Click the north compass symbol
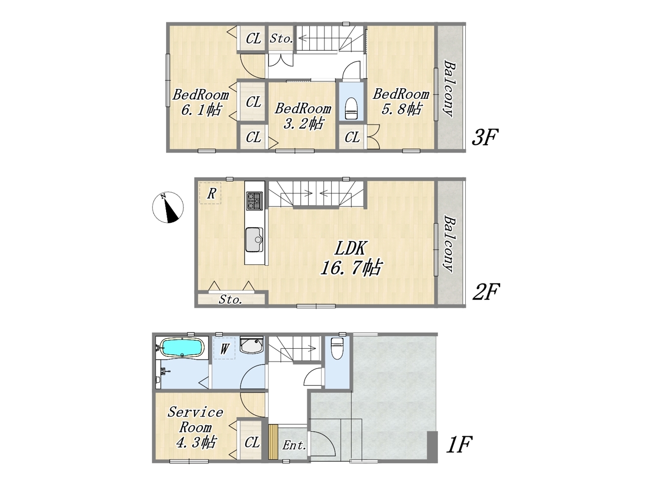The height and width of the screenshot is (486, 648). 168,208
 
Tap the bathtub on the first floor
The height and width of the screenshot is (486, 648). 182,348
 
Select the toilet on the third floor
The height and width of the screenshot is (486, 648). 351,108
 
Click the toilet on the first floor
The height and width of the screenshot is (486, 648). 337,348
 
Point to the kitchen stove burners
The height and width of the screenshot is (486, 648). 255,200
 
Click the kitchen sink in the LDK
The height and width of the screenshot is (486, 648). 254,240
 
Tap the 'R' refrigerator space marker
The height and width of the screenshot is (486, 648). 211,193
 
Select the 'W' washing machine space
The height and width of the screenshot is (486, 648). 224,348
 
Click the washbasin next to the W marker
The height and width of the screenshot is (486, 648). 252,345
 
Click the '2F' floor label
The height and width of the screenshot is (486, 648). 486,292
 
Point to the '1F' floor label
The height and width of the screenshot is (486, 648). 459,444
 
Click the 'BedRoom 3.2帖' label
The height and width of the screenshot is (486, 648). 303,116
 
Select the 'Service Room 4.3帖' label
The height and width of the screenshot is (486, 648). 195,428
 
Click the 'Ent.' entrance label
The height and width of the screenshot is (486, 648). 294,445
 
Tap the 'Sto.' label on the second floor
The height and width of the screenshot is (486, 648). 230,300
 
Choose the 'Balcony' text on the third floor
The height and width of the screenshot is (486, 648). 449,89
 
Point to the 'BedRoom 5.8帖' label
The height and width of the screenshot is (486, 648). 400,102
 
